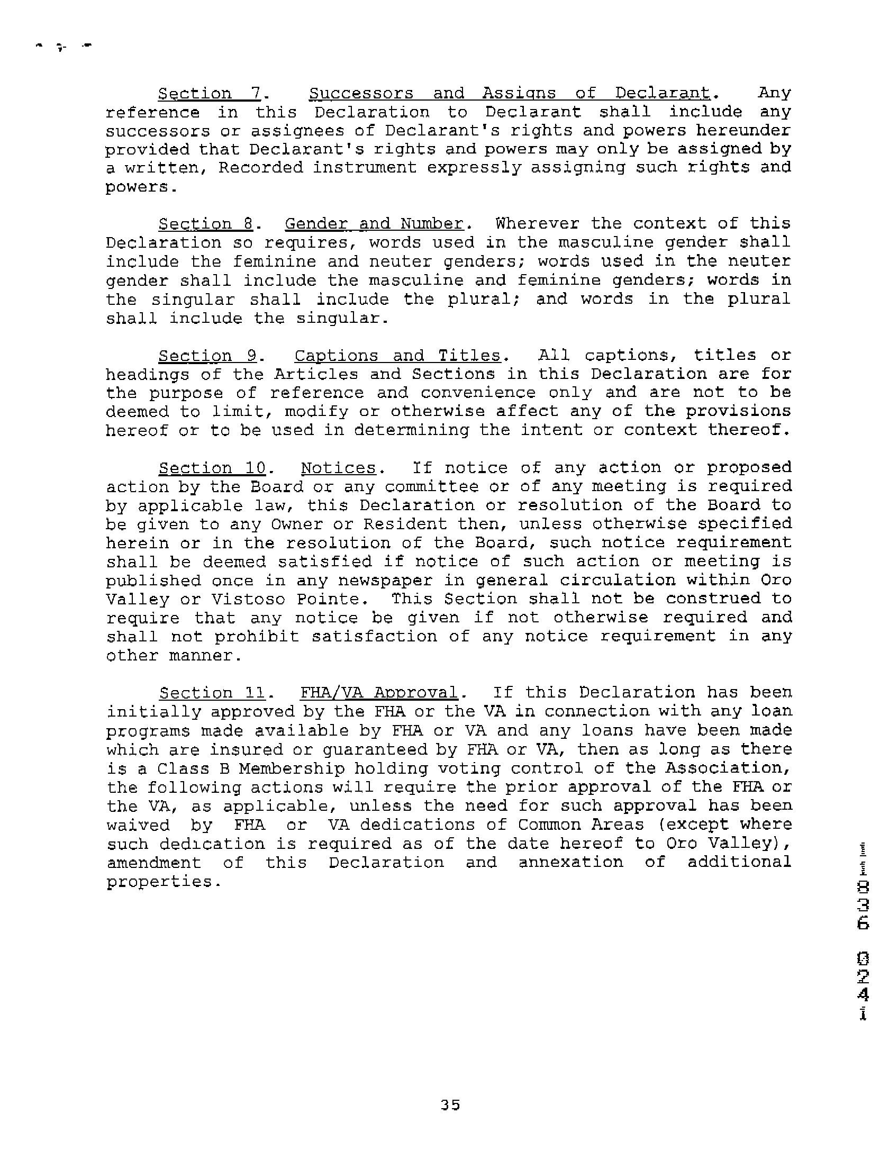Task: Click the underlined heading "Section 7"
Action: tap(210, 94)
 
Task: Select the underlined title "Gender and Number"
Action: tap(374, 224)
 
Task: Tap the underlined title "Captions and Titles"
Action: tap(397, 356)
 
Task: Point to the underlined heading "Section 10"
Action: tap(213, 468)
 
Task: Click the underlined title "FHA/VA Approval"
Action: tap(378, 693)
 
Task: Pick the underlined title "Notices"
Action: tap(338, 468)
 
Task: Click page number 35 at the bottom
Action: tap(450, 1106)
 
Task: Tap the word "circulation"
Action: tap(618, 581)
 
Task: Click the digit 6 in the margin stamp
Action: tap(863, 923)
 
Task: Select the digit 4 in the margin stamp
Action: tap(863, 995)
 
